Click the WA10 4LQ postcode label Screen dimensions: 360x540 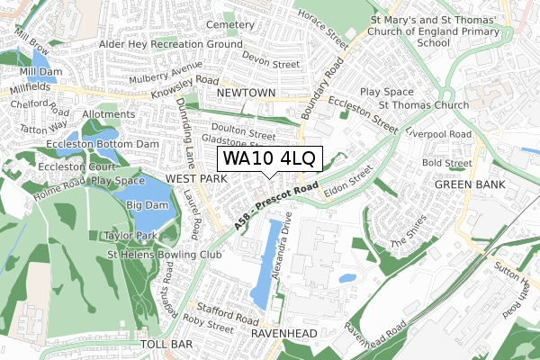[x=268, y=159]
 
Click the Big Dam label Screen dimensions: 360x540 [x=147, y=206]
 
